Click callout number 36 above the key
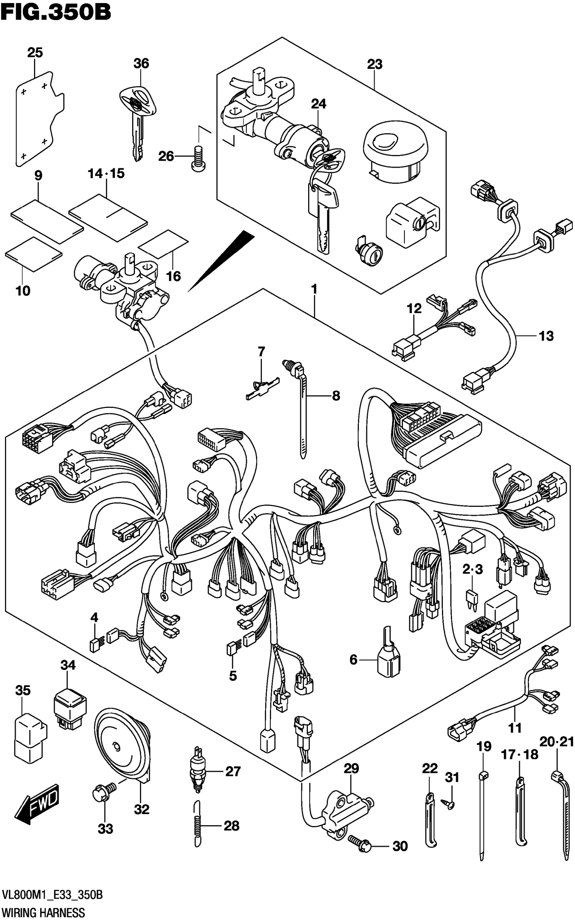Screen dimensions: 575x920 pos(141,63)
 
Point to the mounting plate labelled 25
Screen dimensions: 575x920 pos(40,119)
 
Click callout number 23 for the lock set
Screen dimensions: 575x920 pos(374,64)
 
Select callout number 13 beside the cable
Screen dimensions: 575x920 pos(546,336)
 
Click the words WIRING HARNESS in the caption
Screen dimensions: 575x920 pos(43,913)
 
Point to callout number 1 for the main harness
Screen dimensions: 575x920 pos(314,289)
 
